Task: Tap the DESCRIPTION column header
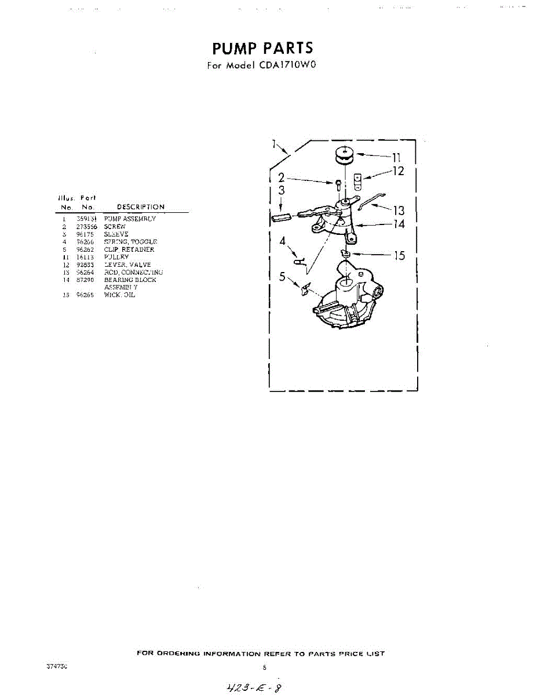pyautogui.click(x=141, y=207)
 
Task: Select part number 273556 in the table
pyautogui.click(x=87, y=227)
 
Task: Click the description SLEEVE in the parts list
pyautogui.click(x=116, y=234)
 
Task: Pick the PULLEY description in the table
pyautogui.click(x=116, y=257)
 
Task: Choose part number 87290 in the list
pyautogui.click(x=86, y=280)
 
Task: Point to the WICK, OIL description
pyautogui.click(x=119, y=295)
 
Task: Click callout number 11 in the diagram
pyautogui.click(x=396, y=157)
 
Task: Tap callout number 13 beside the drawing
pyautogui.click(x=399, y=211)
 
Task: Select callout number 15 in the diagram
pyautogui.click(x=399, y=256)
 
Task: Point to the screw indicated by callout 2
pyautogui.click(x=338, y=185)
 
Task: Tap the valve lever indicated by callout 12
pyautogui.click(x=357, y=182)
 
